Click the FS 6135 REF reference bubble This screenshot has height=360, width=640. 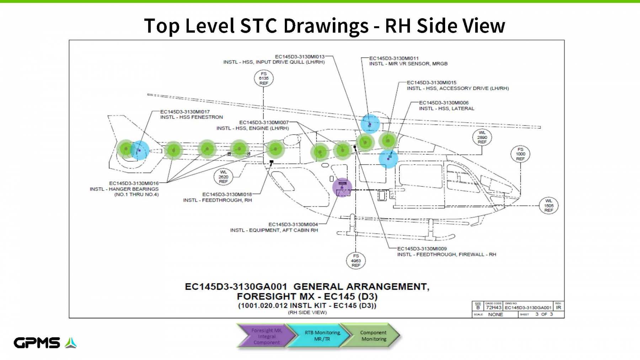263,78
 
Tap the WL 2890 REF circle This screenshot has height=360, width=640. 482,137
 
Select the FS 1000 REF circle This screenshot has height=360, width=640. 520,154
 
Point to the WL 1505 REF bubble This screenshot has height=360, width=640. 548,205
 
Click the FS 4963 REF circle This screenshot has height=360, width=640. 356,260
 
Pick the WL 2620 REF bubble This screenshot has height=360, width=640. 223,177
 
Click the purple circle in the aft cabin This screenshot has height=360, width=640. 342,187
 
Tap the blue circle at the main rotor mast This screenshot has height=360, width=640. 370,123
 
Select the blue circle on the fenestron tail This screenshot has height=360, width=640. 140,150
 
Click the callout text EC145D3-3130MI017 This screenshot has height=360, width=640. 185,112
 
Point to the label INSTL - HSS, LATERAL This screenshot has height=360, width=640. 447,108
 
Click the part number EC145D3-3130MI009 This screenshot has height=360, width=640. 422,249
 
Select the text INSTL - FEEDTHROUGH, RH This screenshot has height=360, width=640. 217,200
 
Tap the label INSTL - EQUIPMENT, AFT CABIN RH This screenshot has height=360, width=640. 274,230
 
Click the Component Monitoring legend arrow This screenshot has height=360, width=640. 373,336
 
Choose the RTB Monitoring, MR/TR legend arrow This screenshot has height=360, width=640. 322,336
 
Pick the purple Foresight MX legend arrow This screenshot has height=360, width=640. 266,336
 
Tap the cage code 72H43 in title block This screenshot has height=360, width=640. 493,308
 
